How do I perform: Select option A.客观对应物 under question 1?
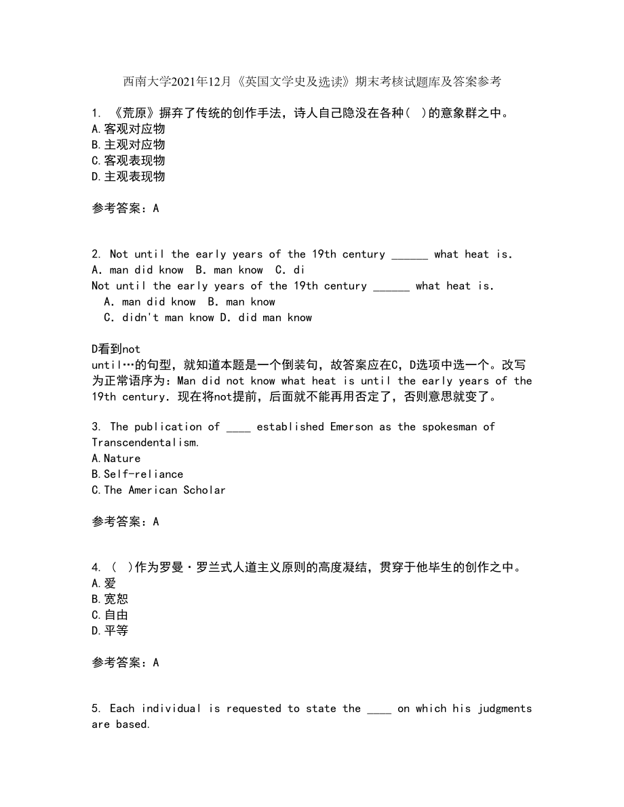[x=128, y=129]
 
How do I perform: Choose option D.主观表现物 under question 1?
[x=128, y=176]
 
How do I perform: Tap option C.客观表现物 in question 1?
[x=128, y=161]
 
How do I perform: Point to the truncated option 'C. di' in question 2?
[x=290, y=270]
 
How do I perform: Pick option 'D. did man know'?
[x=266, y=318]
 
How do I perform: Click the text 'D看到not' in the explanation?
[x=116, y=350]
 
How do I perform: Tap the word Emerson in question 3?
[x=355, y=427]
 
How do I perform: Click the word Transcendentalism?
[x=145, y=442]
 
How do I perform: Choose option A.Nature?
[x=116, y=459]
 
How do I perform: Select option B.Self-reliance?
[x=137, y=474]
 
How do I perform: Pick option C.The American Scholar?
[x=158, y=490]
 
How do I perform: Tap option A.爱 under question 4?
[x=104, y=583]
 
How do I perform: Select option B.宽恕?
[x=110, y=599]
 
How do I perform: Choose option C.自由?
[x=110, y=615]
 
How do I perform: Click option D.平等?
[x=110, y=631]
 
